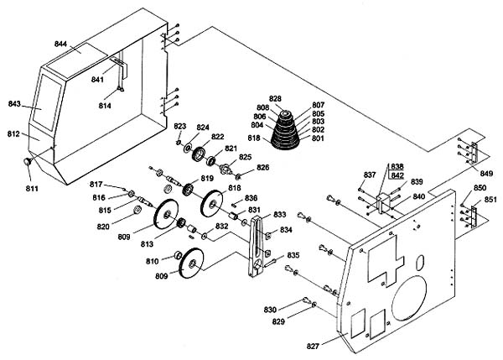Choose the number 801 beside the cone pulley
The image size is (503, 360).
(x=318, y=138)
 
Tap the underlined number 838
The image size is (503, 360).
(x=397, y=166)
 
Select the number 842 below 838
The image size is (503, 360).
(x=397, y=175)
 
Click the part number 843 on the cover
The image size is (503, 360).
(x=14, y=104)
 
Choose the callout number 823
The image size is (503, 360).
(x=179, y=126)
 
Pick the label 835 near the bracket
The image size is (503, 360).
(x=293, y=255)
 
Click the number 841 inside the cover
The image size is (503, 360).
(x=97, y=79)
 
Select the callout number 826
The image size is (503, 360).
(x=262, y=168)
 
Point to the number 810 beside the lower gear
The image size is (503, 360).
(x=153, y=263)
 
